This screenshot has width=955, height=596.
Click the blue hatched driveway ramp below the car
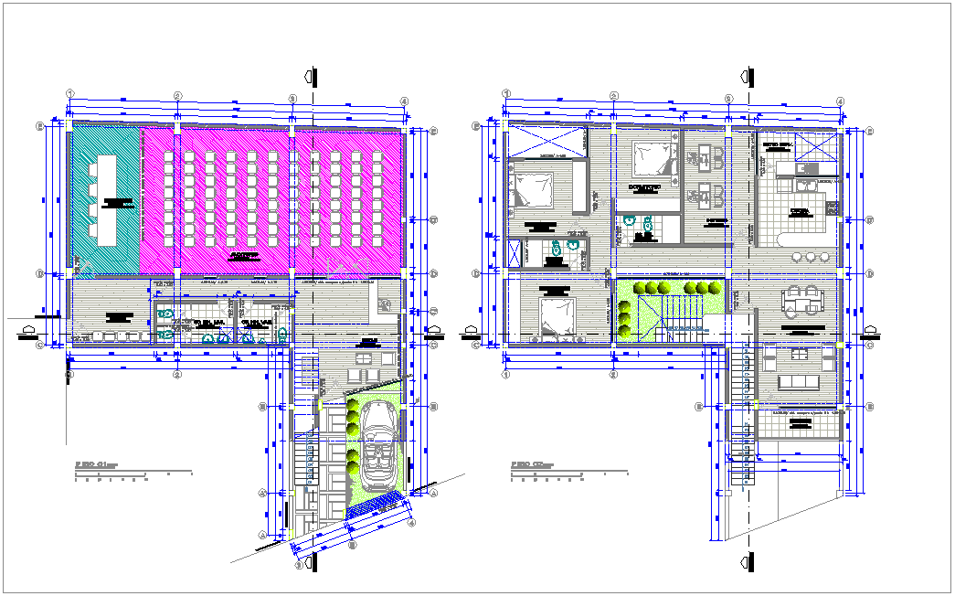373,505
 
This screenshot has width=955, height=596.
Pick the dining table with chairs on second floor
801,301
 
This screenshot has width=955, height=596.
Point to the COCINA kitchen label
801,211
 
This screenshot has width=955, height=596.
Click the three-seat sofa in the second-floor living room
801,380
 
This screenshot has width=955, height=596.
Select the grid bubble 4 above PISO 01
403,101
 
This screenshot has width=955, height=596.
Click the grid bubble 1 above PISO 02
505,94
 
